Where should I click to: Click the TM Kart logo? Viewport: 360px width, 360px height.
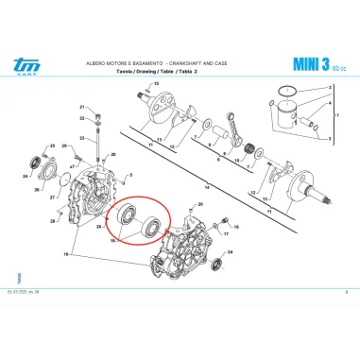22,64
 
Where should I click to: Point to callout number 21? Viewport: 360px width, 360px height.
82,107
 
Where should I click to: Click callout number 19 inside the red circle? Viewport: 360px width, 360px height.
114,241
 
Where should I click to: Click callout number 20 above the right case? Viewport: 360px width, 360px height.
199,204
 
